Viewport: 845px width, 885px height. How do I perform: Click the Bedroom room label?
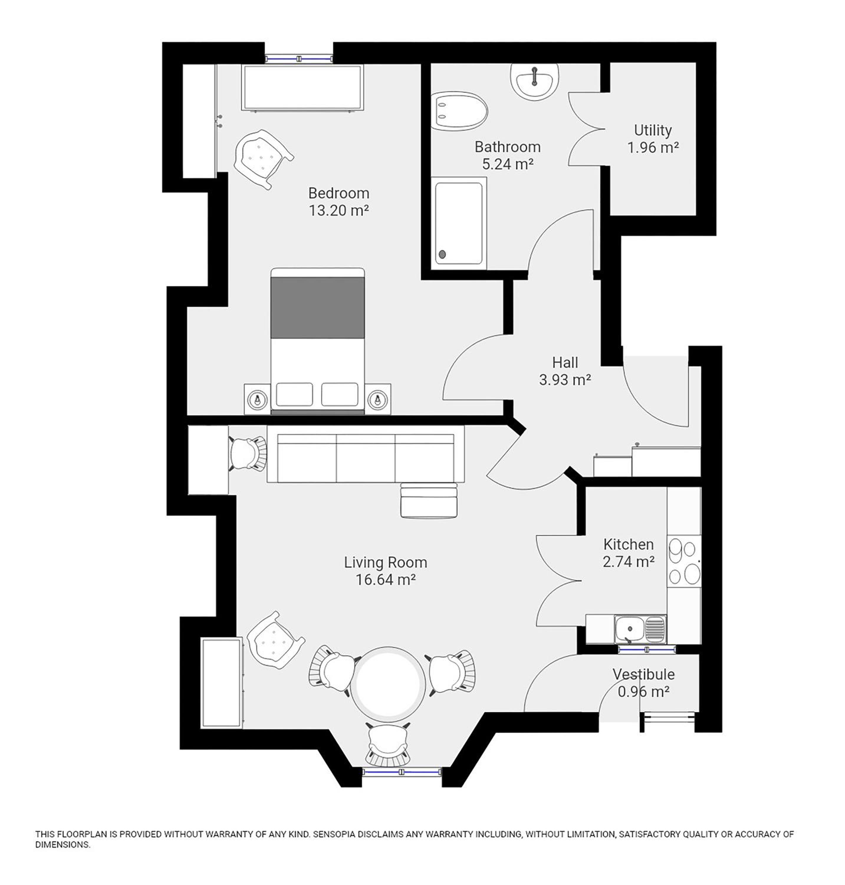pos(339,193)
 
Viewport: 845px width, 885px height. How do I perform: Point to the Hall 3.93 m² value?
pos(565,380)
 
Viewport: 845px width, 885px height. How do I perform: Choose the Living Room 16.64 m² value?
pos(386,579)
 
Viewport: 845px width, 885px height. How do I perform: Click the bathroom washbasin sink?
pos(535,81)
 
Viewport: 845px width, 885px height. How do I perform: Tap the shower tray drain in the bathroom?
pos(442,255)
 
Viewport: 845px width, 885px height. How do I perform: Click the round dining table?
pos(389,684)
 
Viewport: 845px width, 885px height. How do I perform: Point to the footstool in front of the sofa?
pos(429,500)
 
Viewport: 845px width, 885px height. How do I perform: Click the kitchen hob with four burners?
pos(684,561)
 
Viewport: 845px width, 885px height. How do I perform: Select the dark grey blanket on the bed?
pos(318,308)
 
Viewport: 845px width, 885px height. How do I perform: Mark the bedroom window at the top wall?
pos(299,59)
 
